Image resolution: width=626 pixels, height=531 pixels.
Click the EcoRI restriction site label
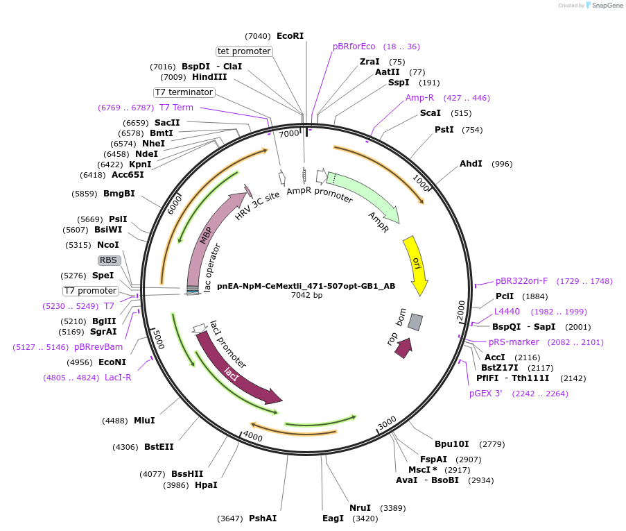(x=290, y=35)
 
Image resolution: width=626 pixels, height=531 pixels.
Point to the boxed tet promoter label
(x=243, y=51)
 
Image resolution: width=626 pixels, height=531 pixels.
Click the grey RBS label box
(x=109, y=260)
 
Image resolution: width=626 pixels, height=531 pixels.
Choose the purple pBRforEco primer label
(x=354, y=47)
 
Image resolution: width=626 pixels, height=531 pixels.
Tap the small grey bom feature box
(x=415, y=321)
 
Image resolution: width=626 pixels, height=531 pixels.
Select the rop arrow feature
(x=403, y=347)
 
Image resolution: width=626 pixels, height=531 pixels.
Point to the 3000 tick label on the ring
(x=387, y=422)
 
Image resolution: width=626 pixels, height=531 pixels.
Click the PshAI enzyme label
(x=263, y=519)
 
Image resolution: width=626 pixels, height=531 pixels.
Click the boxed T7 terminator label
(x=184, y=92)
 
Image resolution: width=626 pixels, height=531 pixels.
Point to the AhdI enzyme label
(x=471, y=164)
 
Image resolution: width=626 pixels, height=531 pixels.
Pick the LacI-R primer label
(x=118, y=378)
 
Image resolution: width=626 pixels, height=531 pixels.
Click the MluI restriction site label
(x=144, y=421)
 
